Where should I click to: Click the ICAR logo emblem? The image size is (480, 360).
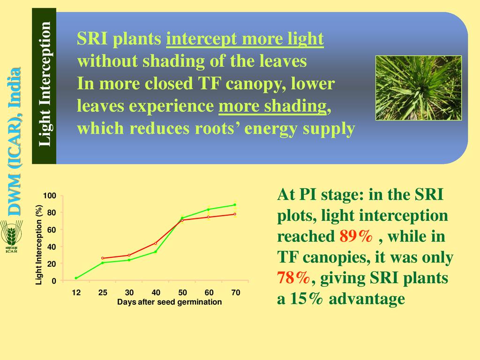pyautogui.click(x=11, y=236)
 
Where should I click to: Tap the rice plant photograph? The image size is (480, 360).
pyautogui.click(x=419, y=88)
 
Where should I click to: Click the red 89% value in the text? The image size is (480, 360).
pyautogui.click(x=356, y=236)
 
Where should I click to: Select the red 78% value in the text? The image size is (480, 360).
pyautogui.click(x=293, y=278)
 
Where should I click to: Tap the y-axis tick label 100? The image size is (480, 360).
pyautogui.click(x=49, y=195)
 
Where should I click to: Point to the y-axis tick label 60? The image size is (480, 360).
pyautogui.click(x=52, y=230)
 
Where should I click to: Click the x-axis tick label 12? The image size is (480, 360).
pyautogui.click(x=76, y=292)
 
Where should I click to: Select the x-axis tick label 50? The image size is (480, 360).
pyautogui.click(x=182, y=292)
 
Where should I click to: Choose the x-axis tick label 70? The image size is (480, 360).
pyautogui.click(x=236, y=292)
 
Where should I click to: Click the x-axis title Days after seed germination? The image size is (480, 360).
pyautogui.click(x=169, y=302)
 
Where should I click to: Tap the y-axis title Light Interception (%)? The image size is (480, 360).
pyautogui.click(x=38, y=245)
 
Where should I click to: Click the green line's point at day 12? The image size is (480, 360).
pyautogui.click(x=76, y=278)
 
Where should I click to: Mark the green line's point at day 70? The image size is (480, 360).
pyautogui.click(x=235, y=205)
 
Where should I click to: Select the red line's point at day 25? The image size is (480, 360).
pyautogui.click(x=103, y=258)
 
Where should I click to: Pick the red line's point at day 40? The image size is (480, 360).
pyautogui.click(x=156, y=243)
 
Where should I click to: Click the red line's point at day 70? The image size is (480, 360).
pyautogui.click(x=235, y=214)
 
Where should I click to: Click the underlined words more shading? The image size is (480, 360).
pyautogui.click(x=272, y=106)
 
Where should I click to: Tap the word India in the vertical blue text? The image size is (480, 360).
pyautogui.click(x=15, y=87)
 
